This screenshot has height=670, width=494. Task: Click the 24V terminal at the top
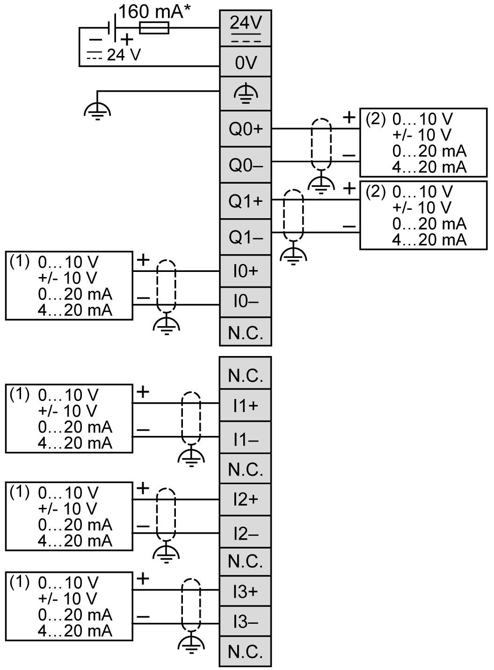[246, 29]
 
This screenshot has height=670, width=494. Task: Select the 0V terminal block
[246, 62]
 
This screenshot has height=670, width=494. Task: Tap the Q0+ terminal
[246, 129]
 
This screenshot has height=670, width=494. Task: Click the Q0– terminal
[246, 164]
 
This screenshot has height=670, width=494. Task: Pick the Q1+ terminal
[246, 201]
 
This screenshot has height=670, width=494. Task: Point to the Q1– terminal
[246, 237]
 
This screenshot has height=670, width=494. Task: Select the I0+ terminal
[246, 271]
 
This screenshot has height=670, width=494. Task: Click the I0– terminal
[246, 302]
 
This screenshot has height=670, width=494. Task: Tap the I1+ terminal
[246, 405]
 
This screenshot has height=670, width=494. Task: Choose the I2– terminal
[246, 533]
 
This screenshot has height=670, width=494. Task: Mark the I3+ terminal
[246, 591]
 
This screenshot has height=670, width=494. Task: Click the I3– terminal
[246, 622]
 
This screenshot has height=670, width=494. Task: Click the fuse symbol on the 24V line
[154, 28]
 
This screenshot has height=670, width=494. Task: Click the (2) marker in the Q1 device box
[375, 192]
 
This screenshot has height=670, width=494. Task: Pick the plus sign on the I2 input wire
[143, 489]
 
